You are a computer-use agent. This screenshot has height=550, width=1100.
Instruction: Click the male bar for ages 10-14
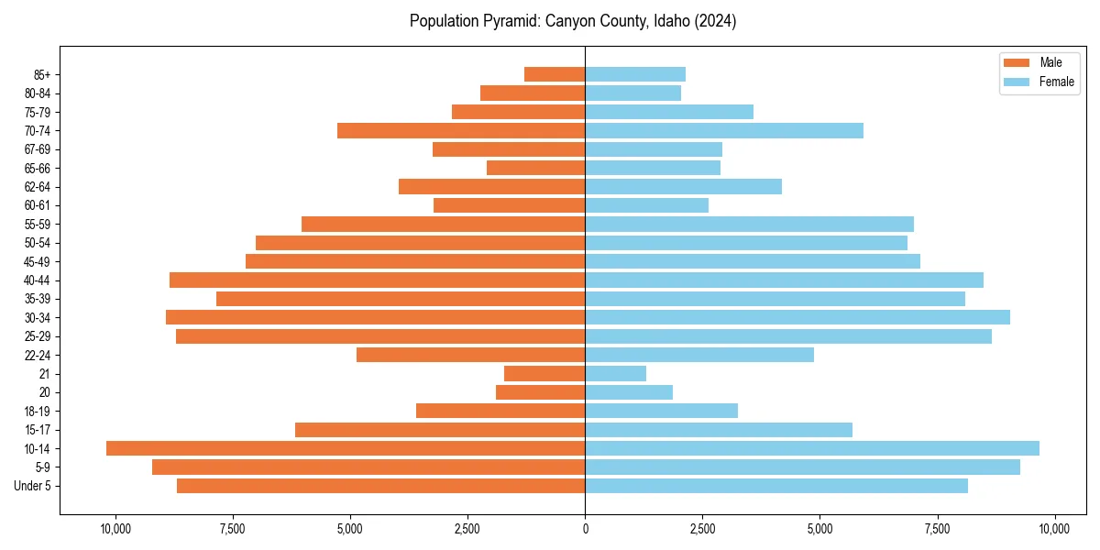coord(346,448)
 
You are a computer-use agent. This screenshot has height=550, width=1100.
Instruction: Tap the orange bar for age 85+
coord(555,74)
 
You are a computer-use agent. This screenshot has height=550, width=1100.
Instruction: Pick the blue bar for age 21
coord(615,373)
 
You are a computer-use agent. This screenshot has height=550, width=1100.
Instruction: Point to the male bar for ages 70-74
coord(461,130)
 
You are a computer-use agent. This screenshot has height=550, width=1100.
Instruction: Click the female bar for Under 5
coord(776,486)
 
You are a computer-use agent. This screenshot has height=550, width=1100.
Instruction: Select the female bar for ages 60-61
coord(646,205)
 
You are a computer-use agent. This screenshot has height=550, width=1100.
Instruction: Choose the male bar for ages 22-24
coord(470,355)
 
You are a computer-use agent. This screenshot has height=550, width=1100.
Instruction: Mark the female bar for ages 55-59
coord(749,224)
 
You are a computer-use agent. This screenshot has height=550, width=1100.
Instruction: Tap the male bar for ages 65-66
coord(535,168)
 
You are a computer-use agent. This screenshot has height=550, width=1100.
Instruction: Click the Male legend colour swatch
coord(1017,62)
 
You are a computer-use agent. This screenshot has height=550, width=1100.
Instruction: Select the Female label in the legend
coord(1056,82)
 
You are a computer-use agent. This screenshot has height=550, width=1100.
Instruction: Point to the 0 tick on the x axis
coord(585,529)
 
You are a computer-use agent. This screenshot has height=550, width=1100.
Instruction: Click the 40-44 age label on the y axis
coord(38,280)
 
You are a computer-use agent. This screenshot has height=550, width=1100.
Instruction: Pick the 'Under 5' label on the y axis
coord(32,486)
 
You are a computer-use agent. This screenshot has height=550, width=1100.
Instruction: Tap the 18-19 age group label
coord(38,411)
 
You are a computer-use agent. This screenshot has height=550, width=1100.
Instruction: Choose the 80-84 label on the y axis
coord(38,93)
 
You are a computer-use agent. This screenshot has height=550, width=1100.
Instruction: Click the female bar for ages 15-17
coord(719,430)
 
